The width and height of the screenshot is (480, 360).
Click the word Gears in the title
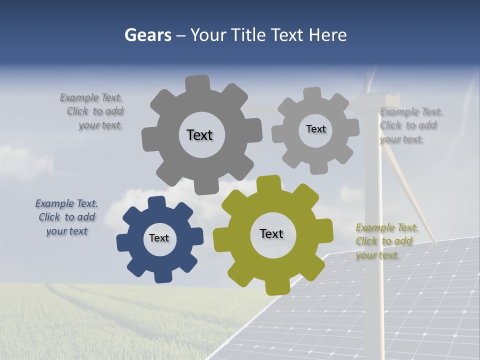(x=148, y=35)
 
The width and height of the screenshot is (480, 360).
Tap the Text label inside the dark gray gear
(x=199, y=135)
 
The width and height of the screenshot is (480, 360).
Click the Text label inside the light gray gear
(x=315, y=129)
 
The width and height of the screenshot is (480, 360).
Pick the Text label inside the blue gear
(x=159, y=238)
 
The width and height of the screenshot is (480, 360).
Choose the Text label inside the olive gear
(x=271, y=233)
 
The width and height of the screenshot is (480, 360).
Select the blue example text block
(x=66, y=217)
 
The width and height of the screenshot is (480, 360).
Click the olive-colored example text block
(x=386, y=241)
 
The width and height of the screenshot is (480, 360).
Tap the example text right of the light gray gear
(x=410, y=125)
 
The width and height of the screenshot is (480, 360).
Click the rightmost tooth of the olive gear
(x=326, y=230)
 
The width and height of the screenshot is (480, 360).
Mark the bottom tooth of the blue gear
(x=162, y=276)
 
